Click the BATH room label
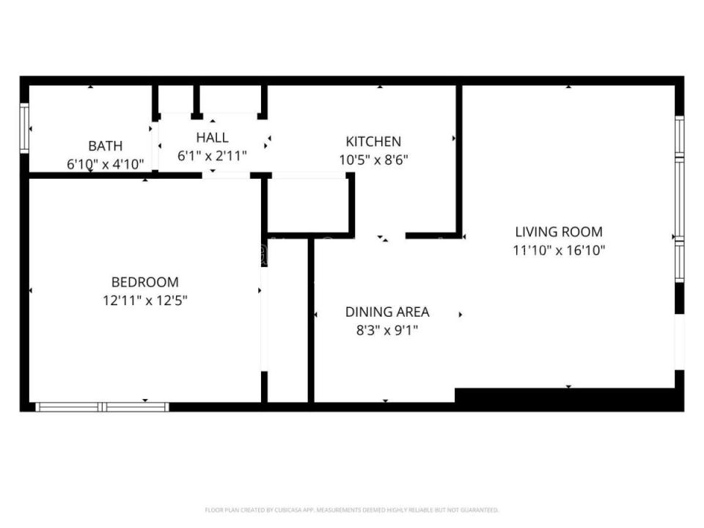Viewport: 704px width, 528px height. click(106, 146)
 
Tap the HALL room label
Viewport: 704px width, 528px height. click(212, 137)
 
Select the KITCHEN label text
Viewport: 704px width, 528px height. click(373, 142)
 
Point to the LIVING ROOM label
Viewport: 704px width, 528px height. click(559, 232)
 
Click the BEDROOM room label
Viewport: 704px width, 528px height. click(144, 282)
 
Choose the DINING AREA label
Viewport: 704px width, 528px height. click(387, 312)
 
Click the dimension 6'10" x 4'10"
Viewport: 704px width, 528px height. click(106, 164)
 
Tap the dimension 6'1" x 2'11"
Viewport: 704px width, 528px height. click(212, 155)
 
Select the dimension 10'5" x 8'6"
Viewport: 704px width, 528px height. click(373, 160)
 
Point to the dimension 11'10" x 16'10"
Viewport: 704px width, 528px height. click(559, 250)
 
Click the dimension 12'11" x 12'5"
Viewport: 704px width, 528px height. click(144, 300)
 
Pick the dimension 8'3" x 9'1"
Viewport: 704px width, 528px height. click(387, 330)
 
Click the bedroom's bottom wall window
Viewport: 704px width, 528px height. click(103, 406)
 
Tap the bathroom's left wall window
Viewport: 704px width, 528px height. click(24, 128)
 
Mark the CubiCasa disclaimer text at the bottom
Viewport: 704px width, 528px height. click(351, 510)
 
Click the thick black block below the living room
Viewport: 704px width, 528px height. click(568, 399)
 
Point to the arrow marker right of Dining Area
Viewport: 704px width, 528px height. click(461, 315)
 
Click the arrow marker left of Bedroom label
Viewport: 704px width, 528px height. click(31, 291)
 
